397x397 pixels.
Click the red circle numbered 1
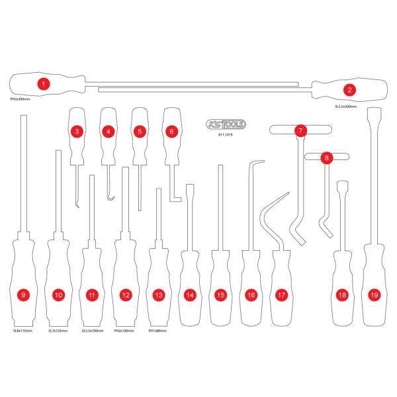point(43,84)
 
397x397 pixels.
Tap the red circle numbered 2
point(350,89)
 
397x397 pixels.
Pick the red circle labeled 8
point(326,157)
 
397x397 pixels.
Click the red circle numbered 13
point(157,295)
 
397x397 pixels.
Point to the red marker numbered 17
point(283,295)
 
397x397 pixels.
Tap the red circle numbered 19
point(375,295)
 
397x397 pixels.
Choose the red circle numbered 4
point(108,131)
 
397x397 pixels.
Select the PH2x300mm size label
point(21,99)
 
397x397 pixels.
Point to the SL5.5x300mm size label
point(345,106)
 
